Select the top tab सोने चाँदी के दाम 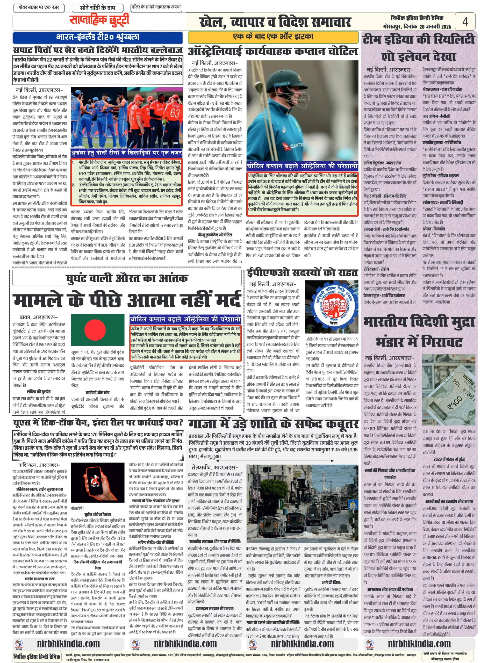[x=97, y=8]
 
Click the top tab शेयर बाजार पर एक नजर [x=39, y=8]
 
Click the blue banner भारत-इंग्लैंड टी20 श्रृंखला [x=97, y=37]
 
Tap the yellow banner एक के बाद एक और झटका [x=273, y=37]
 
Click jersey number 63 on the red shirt [x=175, y=113]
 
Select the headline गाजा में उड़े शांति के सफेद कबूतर [x=273, y=424]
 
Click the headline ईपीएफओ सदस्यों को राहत [x=302, y=273]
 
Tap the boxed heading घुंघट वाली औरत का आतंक [x=127, y=278]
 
